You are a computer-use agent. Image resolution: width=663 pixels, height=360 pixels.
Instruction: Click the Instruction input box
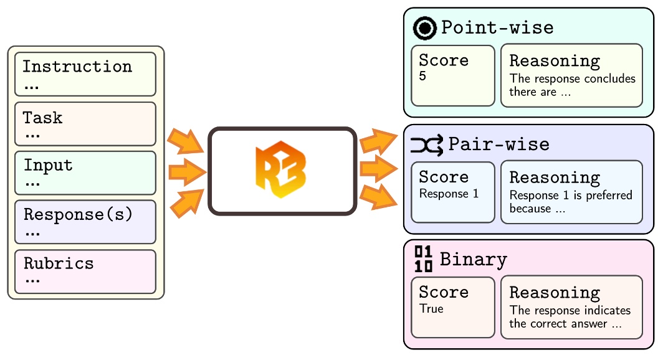point(85,74)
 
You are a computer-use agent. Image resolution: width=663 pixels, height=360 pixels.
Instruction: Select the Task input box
point(85,124)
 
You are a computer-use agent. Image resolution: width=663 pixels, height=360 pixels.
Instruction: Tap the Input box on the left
point(85,173)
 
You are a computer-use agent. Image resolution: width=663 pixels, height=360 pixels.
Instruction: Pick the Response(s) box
point(85,222)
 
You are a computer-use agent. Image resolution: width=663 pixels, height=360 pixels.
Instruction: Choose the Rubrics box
point(85,271)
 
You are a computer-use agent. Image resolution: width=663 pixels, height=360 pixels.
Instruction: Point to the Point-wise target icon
point(425,28)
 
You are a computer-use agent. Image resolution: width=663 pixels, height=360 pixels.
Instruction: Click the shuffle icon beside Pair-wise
point(427,144)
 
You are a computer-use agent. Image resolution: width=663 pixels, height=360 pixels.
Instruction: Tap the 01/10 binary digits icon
point(424,259)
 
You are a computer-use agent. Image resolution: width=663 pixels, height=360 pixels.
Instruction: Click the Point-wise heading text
point(497,28)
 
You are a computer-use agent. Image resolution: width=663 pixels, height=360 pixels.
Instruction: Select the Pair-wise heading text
point(498,144)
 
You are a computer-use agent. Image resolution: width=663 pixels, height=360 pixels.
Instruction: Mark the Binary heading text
point(474,259)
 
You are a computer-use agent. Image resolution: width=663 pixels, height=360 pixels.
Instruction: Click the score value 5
point(423,77)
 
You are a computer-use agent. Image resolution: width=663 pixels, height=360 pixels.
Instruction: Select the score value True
point(431,309)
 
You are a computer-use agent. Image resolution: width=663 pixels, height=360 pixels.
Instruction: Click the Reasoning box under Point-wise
point(571,75)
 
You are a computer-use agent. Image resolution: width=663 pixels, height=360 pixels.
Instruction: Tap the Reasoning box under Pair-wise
point(571,192)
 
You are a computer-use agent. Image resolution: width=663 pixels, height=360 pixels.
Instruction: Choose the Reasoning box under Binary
point(571,308)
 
